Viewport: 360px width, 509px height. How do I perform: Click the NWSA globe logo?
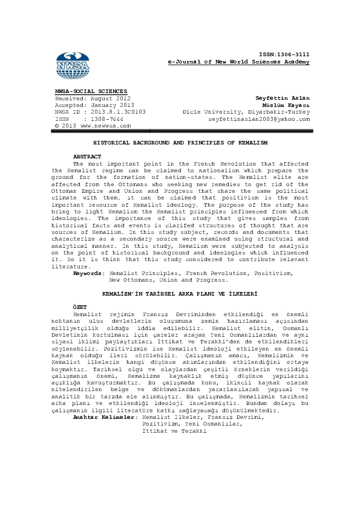[71, 63]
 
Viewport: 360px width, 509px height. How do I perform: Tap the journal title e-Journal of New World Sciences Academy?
[239, 62]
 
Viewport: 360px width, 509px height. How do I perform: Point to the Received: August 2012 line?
[93, 98]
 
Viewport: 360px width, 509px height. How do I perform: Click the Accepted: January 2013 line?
[94, 105]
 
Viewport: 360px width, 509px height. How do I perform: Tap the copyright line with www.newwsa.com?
[93, 126]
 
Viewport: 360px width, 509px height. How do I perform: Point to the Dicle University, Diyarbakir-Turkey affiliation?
[246, 112]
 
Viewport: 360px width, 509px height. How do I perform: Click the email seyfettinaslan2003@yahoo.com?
[259, 119]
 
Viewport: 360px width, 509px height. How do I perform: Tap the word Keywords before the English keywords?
[88, 273]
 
